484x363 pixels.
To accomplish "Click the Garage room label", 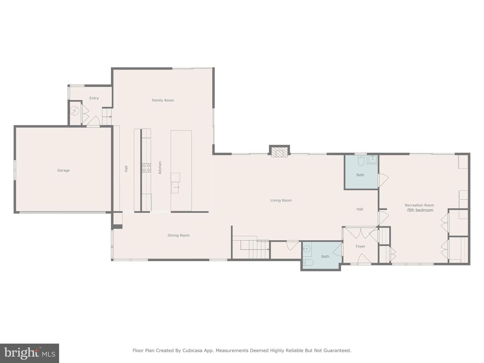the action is pos(63,170).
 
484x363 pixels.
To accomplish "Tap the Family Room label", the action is pos(163,100).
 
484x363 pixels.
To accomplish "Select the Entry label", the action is pos(94,98).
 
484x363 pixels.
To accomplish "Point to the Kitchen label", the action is pos(160,167).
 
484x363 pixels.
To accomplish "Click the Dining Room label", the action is pos(178,235).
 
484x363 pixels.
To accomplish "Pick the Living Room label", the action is pos(281,200).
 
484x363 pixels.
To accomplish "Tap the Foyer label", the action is pos(361,246).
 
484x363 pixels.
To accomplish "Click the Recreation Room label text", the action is pos(419,205).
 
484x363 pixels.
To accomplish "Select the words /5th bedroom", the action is pos(420,210).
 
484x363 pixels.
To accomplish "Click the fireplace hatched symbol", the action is pos(279,152).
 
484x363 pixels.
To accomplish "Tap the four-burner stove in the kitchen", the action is pos(146,168).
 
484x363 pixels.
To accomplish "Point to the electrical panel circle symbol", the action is pos(75,111).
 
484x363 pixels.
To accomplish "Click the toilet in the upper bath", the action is pos(361,160).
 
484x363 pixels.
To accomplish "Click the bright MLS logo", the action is pos(29,353).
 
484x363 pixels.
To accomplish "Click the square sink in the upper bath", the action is pos(372,160).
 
